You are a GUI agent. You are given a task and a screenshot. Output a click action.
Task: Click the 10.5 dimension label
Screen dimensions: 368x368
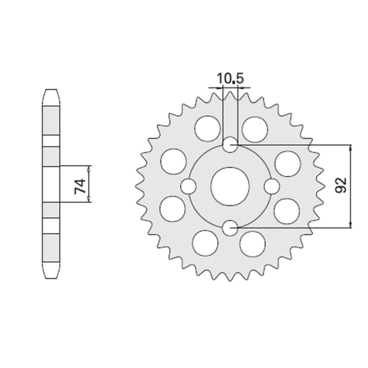pos(230,79)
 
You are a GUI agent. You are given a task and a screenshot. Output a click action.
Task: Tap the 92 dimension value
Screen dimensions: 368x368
pos(341,185)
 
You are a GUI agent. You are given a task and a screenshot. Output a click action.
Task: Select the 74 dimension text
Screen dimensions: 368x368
pos(80,187)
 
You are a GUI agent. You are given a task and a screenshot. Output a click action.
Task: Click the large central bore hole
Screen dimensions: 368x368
pos(230,187)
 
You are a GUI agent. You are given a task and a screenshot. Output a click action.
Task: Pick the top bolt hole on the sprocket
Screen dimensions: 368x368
pos(230,145)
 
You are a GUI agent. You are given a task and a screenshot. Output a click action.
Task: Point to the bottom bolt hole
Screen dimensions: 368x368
pos(230,228)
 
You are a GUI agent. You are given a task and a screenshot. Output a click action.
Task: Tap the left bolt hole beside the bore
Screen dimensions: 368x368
pos(189,187)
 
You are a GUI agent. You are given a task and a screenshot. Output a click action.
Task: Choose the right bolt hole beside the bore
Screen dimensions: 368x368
pos(272,187)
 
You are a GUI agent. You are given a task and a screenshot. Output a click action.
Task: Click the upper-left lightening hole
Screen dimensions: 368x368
pos(207,128)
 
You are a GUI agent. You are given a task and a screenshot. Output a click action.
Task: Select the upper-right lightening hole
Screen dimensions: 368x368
pos(255,130)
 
